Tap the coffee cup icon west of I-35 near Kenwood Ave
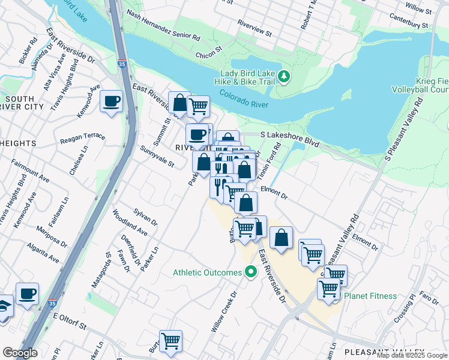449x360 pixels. pos(112,101)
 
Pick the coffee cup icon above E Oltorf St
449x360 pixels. pos(27,293)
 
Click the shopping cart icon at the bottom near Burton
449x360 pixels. pos(171,341)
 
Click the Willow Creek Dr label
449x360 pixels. pos(224,312)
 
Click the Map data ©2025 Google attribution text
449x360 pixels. pos(412,355)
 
